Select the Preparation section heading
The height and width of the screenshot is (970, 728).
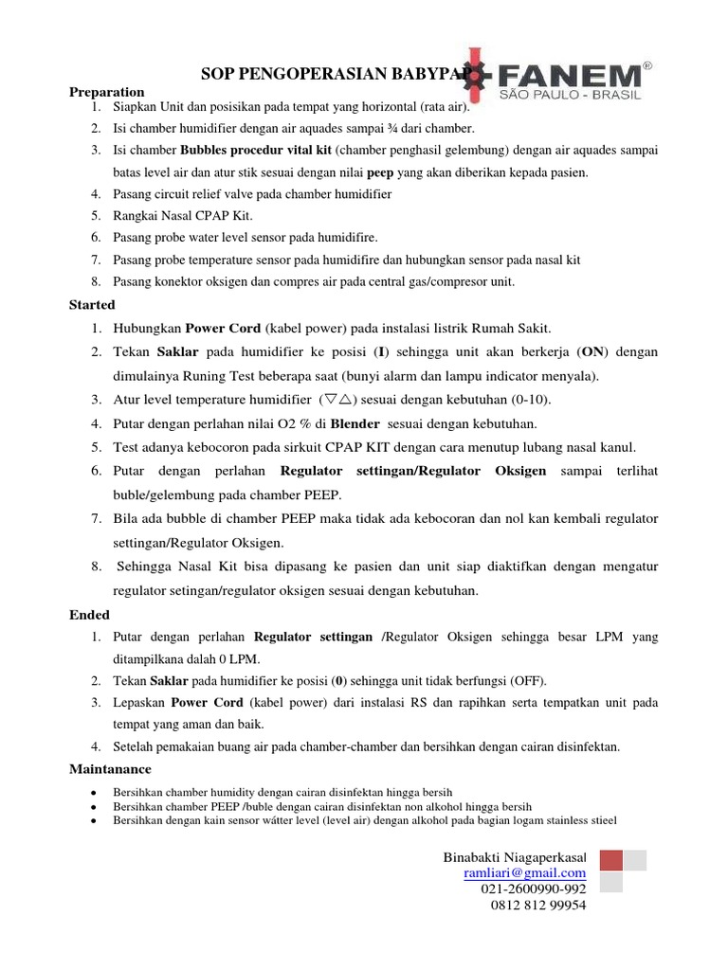(x=106, y=92)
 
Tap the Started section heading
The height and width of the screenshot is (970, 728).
(x=92, y=305)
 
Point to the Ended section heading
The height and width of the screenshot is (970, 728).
(x=89, y=615)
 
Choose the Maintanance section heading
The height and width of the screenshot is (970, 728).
(x=110, y=768)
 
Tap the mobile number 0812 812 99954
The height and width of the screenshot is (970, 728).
(x=538, y=905)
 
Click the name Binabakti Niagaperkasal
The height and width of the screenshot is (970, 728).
(x=515, y=856)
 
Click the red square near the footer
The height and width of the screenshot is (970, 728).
(x=611, y=860)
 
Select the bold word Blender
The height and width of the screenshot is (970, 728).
(x=355, y=422)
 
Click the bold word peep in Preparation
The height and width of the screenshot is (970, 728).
(x=379, y=172)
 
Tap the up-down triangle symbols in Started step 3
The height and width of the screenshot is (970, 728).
(x=336, y=399)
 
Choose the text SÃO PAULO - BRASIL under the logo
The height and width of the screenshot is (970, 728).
(x=571, y=96)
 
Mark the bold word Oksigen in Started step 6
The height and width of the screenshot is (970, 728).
(x=520, y=471)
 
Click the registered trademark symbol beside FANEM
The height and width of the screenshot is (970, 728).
(x=646, y=65)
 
